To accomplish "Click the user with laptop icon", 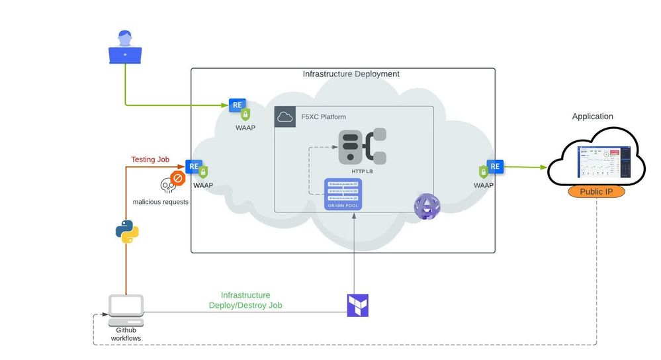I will [125, 48].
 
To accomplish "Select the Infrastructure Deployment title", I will [351, 74].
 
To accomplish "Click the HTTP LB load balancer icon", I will [363, 147].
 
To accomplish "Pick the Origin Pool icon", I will [343, 194].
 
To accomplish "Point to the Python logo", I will [126, 232].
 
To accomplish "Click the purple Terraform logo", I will [357, 305].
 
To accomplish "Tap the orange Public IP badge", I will [596, 192].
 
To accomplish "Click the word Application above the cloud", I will [592, 116].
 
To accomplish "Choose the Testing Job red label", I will [150, 159].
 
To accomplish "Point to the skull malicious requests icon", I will [167, 185].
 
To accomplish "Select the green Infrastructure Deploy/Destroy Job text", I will [245, 300].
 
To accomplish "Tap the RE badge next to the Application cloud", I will [495, 166].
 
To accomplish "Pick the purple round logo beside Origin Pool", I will [427, 207].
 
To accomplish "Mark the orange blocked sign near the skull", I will [177, 179].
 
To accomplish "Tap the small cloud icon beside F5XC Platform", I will [285, 117].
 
